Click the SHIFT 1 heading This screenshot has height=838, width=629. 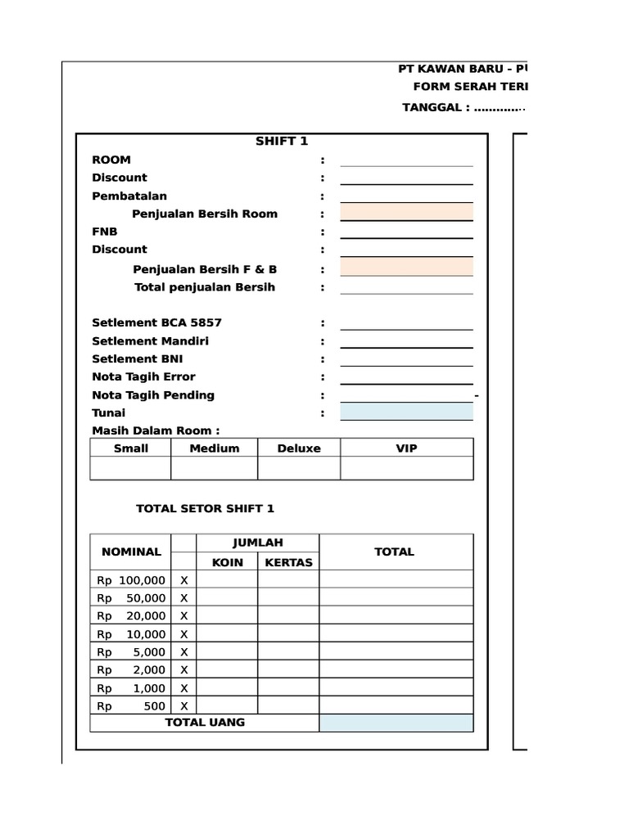point(282,142)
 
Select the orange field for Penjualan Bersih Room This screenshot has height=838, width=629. point(406,214)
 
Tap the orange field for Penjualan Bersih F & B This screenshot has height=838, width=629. point(406,268)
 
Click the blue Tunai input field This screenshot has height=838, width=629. point(406,412)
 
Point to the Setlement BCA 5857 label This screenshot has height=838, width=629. point(156,322)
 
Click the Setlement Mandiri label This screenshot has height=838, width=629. point(150,340)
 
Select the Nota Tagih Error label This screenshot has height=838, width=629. point(143,376)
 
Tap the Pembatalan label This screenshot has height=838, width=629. point(129,196)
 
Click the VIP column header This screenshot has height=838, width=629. point(406,448)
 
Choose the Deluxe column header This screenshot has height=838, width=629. point(298,448)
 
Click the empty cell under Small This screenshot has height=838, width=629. point(131,468)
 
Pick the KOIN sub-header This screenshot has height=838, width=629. point(228,562)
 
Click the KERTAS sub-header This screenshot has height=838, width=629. point(288,562)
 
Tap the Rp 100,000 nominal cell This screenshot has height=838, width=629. point(131,580)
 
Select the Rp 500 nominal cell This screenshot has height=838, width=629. point(131,705)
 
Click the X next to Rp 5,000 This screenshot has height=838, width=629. point(184,652)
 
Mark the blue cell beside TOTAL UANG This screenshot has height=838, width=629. point(396,723)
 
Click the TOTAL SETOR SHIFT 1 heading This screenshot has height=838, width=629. point(205,508)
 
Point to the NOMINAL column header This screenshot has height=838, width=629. point(131,552)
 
